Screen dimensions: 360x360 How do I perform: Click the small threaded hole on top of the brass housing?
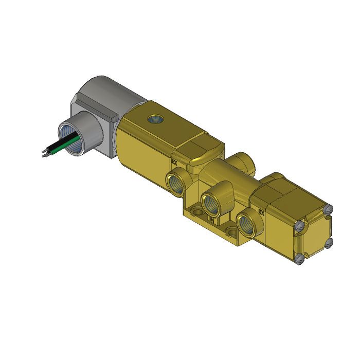(154, 120)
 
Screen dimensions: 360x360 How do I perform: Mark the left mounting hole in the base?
(196, 210)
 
